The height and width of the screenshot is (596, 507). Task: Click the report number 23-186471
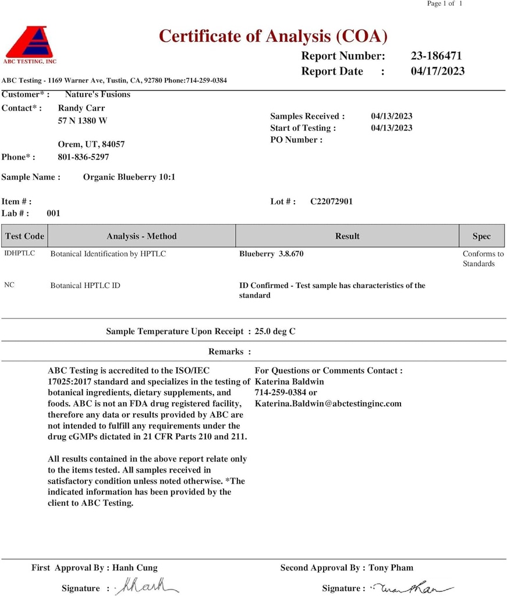coord(436,56)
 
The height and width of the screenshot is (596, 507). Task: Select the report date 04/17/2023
coord(438,71)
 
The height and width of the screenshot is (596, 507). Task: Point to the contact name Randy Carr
coord(81,108)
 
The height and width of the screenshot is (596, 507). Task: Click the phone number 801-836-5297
coord(83,157)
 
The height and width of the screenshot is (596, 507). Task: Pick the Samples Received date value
coord(392,116)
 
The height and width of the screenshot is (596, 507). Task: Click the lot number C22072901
coord(331,201)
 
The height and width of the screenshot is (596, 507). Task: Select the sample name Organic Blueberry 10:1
coord(129,177)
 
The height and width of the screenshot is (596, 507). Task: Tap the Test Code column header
coord(24,236)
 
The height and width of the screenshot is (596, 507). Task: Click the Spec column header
coord(481,236)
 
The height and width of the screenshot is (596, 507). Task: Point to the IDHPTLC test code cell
coord(20,254)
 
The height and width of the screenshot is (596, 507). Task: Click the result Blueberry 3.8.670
coord(271,254)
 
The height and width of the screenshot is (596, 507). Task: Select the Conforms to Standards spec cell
coord(483,258)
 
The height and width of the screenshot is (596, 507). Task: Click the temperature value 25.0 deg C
coord(275,331)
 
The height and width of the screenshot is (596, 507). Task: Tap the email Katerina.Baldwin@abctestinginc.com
coord(328,403)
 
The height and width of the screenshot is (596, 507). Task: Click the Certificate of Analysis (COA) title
coord(273,36)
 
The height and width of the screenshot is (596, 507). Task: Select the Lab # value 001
coord(54,213)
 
